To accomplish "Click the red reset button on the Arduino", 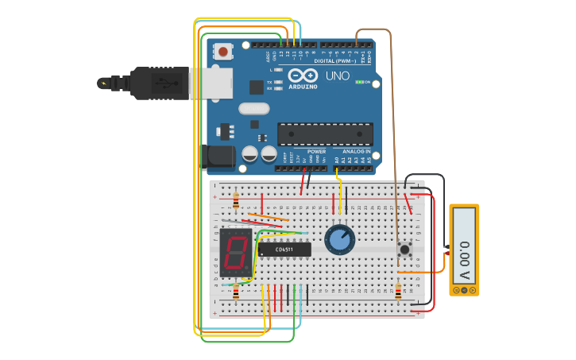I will [x=224, y=52].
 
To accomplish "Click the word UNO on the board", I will [x=337, y=76].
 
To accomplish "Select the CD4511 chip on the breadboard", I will [x=284, y=249].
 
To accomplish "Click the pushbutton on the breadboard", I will [x=405, y=250].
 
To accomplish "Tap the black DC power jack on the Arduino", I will [x=220, y=157].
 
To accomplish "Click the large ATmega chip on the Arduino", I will [x=324, y=134].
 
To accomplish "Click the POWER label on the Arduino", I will [x=316, y=151].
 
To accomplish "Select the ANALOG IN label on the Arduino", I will [x=356, y=151].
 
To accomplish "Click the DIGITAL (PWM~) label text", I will [x=335, y=60].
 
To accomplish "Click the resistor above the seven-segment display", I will [x=236, y=199].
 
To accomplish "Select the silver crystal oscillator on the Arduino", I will [x=253, y=109].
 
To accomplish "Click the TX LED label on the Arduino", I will [x=269, y=82].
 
